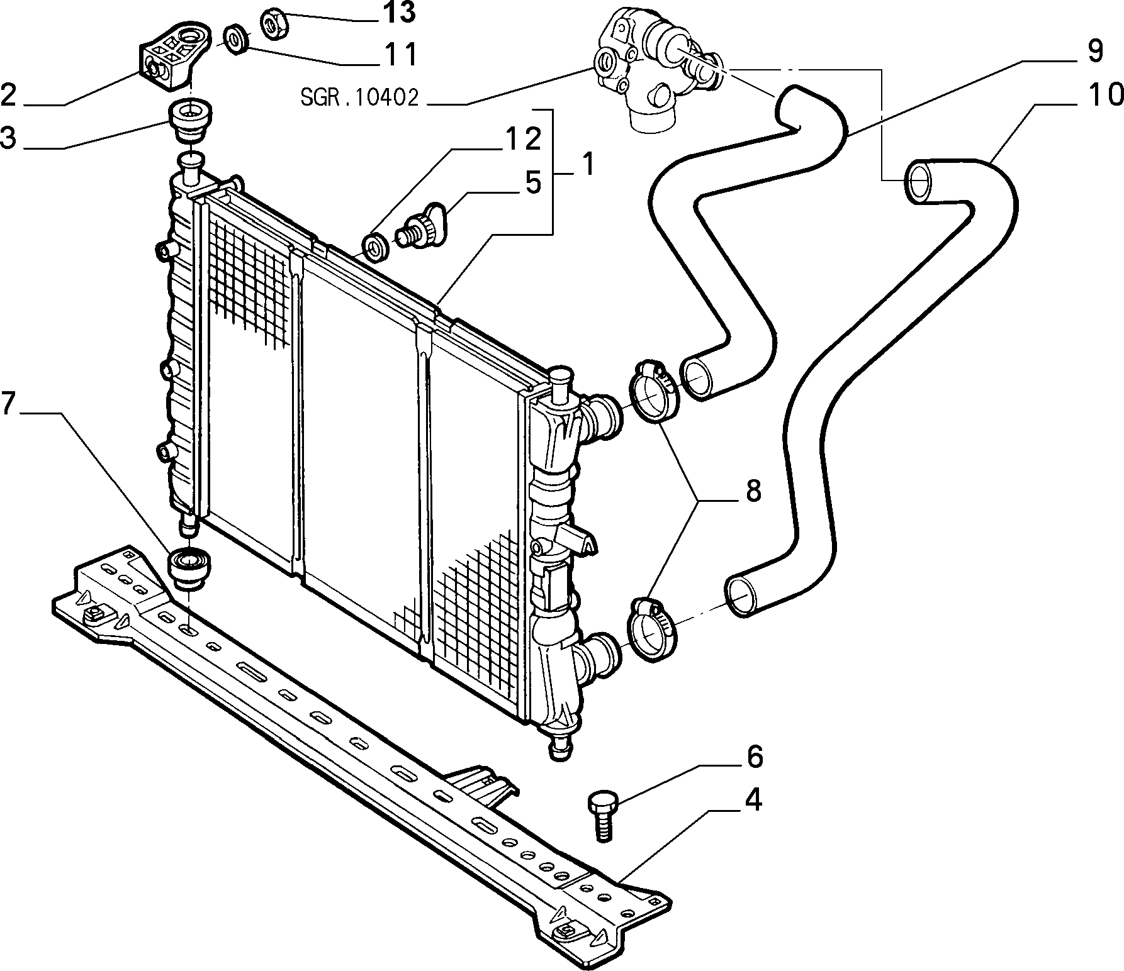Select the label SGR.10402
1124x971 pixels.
(x=359, y=98)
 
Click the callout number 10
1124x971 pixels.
(x=1104, y=95)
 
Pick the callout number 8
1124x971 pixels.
(x=753, y=491)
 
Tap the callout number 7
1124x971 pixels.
(x=9, y=403)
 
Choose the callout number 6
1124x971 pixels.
(x=753, y=757)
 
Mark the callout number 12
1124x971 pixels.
(x=522, y=139)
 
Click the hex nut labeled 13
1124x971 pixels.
(x=274, y=23)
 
